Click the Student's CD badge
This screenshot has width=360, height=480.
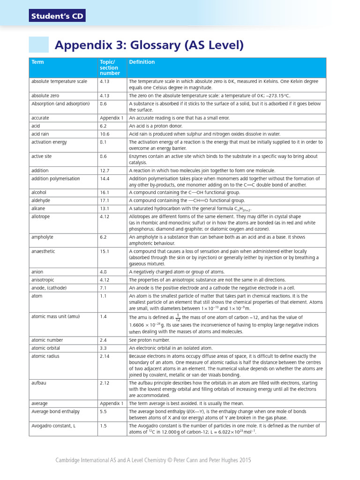click(57, 16)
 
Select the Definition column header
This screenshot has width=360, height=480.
click(142, 62)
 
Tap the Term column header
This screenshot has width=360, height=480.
click(37, 62)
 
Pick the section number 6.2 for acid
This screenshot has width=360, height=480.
click(104, 126)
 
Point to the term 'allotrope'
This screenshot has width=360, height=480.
click(40, 217)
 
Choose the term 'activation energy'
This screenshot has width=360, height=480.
click(49, 142)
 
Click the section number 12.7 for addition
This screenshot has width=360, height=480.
click(105, 171)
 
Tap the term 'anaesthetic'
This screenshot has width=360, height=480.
click(43, 251)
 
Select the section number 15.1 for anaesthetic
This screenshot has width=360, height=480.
click(104, 251)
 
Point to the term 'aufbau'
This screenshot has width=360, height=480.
click(38, 382)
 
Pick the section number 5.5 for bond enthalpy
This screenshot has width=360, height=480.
click(104, 412)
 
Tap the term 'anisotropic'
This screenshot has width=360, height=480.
click(43, 280)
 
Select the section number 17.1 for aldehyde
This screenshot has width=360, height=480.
click(104, 201)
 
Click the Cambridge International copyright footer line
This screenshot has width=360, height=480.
click(153, 460)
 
